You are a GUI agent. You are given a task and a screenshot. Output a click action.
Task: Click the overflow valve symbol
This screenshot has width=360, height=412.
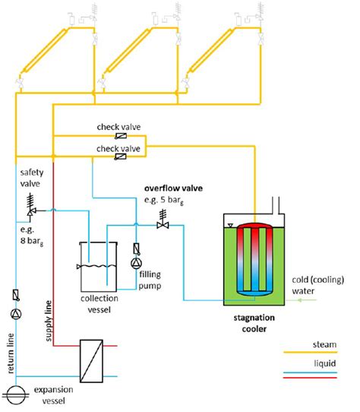163,220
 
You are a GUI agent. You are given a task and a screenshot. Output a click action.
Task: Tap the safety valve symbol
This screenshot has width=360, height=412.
31,206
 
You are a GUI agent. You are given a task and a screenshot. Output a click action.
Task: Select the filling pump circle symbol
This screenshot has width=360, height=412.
136,264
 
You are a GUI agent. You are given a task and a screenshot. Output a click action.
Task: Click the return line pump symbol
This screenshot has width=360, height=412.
16,314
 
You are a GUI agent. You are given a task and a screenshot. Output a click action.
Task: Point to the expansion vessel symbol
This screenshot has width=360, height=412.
16,395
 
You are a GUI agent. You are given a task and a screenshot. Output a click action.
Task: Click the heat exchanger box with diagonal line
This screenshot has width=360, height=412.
91,361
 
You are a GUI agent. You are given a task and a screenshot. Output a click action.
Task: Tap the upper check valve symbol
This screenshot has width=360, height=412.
121,136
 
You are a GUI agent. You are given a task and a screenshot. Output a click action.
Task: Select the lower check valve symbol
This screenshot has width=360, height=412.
121,157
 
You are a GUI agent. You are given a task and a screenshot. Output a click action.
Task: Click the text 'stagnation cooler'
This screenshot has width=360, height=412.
254,323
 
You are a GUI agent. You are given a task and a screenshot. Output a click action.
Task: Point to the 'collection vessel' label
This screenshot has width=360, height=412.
99,304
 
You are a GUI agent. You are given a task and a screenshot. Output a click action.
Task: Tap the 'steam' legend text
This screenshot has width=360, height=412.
324,344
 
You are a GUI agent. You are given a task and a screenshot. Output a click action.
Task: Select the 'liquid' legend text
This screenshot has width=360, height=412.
325,363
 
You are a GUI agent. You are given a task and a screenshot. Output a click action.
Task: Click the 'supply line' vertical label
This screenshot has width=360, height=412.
49,321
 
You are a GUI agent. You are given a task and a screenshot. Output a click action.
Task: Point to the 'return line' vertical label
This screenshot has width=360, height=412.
11,353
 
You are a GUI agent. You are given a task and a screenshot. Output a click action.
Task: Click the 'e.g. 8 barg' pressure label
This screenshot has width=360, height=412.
32,236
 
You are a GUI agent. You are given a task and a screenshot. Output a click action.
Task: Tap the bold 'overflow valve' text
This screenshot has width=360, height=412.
174,188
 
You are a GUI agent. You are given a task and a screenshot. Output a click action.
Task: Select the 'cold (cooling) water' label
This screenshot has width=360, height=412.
318,285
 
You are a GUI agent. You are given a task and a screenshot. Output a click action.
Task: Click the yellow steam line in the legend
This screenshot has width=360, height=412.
311,353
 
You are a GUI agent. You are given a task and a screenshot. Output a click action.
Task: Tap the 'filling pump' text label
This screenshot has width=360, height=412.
150,280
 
